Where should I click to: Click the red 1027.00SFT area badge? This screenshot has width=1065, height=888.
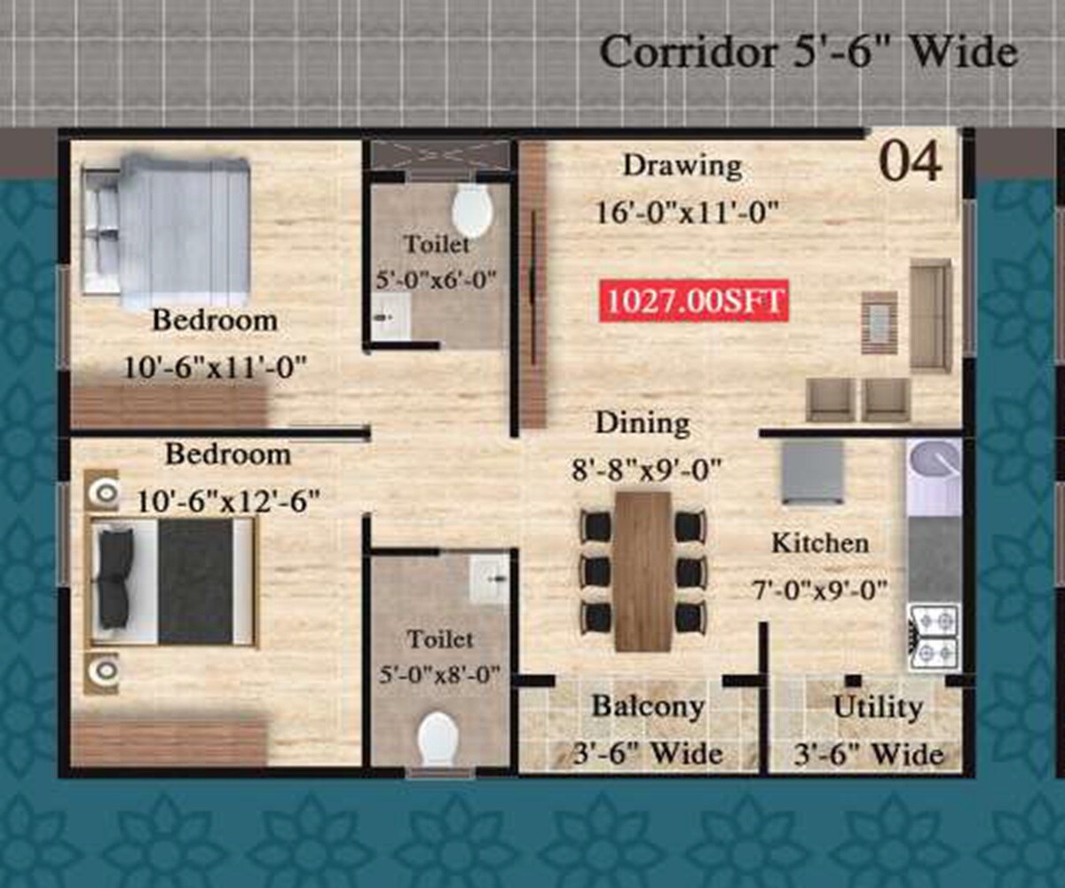[x=694, y=302]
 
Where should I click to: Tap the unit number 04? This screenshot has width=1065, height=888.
[x=910, y=163]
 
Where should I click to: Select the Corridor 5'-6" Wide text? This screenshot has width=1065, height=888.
[x=808, y=53]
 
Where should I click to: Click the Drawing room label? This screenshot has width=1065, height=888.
[x=682, y=166]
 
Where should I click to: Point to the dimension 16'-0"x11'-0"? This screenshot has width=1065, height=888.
[x=687, y=211]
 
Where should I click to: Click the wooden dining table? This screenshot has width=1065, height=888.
[x=643, y=570]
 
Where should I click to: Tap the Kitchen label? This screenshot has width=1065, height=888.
[x=819, y=543]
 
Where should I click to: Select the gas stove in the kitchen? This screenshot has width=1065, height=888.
[x=933, y=637]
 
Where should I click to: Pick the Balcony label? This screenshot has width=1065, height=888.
[x=648, y=707]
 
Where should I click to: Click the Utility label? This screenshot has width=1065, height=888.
[x=878, y=708]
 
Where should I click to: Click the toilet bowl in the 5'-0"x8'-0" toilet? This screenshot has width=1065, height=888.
[x=438, y=738]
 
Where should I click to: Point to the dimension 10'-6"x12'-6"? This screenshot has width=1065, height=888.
[x=228, y=501]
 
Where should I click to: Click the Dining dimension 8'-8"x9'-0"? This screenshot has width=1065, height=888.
[x=647, y=468]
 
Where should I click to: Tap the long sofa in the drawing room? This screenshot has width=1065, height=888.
[x=930, y=315]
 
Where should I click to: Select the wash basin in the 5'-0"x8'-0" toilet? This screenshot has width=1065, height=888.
[x=490, y=579]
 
